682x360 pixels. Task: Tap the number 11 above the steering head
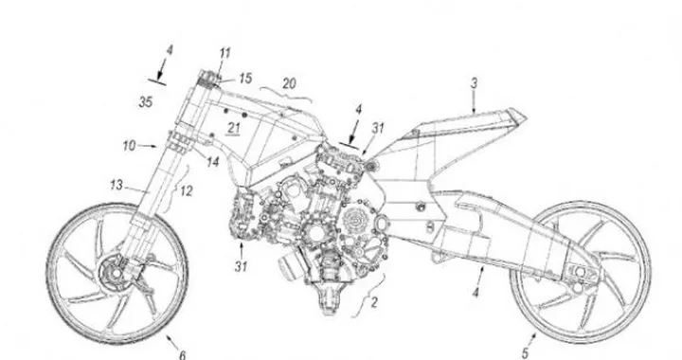[x=224, y=54]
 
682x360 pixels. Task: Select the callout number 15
[x=246, y=77]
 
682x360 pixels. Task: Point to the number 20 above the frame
[x=288, y=82]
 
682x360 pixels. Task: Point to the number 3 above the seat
[x=472, y=83]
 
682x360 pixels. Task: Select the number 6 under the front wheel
[x=183, y=352]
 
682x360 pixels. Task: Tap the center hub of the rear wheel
[x=581, y=277]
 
